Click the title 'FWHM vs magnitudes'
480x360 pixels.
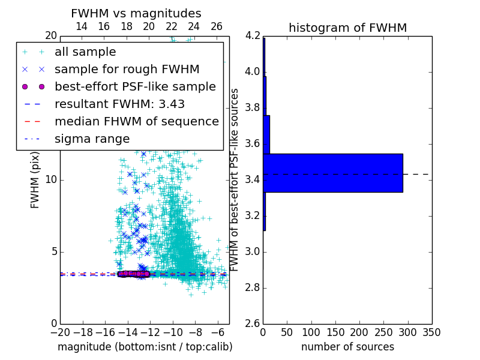(136, 14)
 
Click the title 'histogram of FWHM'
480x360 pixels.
(347, 28)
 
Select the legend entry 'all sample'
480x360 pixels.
(85, 52)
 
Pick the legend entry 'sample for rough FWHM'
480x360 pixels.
(127, 69)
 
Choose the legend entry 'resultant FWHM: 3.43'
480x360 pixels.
(119, 104)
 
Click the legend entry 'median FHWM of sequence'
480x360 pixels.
(136, 121)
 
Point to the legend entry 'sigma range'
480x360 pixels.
(92, 139)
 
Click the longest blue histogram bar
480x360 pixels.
(332, 173)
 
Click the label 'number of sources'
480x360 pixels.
(347, 347)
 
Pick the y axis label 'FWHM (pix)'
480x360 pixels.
(35, 179)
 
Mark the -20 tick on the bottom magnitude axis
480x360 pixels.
(60, 332)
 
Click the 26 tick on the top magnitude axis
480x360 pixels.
(217, 26)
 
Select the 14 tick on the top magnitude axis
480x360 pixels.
(82, 26)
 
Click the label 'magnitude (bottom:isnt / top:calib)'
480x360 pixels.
(145, 347)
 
